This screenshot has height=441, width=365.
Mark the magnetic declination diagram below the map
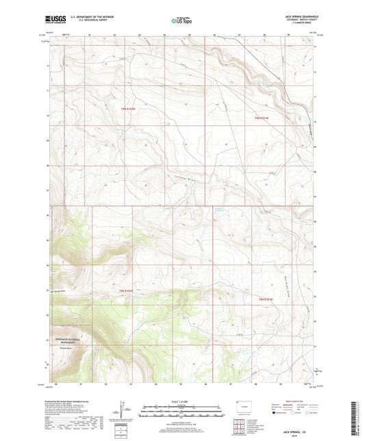(126, 414)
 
